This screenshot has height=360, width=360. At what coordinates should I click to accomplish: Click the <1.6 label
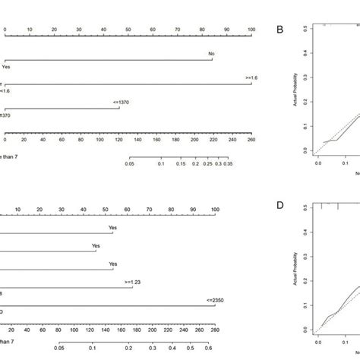[7, 90]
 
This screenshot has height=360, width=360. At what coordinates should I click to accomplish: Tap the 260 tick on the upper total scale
[251, 141]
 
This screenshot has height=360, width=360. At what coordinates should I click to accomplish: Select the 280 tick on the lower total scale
[213, 330]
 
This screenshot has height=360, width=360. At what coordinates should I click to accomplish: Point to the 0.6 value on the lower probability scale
[207, 350]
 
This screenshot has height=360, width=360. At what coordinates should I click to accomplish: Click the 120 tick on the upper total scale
[118, 141]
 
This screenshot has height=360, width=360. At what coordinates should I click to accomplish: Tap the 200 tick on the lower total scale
[154, 330]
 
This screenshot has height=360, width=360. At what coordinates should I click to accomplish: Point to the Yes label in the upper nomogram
[7, 66]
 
